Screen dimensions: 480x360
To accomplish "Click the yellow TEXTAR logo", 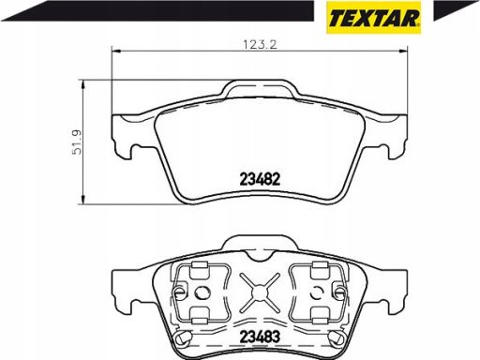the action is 373,18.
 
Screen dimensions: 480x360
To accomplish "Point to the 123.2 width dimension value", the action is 260,45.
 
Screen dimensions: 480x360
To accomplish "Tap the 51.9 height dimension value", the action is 77,142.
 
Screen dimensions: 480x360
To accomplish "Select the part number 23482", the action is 260,179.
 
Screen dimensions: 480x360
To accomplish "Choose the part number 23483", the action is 260,337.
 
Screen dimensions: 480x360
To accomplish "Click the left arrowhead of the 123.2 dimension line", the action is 116,50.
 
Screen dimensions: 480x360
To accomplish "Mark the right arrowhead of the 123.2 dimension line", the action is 403,50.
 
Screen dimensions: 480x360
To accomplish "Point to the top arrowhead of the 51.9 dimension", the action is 83,84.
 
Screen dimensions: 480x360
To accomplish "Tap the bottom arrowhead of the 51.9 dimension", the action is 83,200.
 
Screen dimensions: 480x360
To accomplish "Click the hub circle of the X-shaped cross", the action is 259,292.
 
